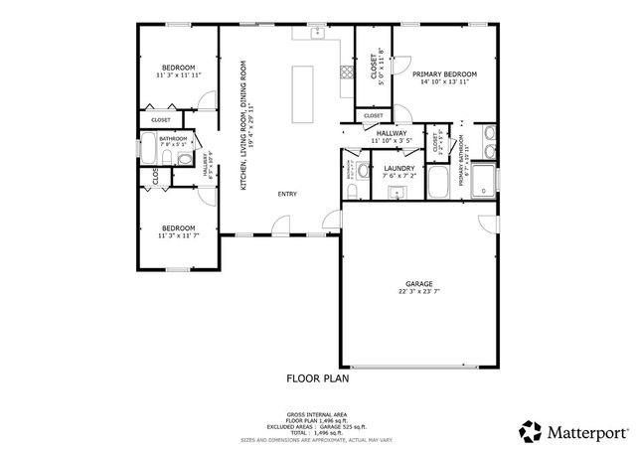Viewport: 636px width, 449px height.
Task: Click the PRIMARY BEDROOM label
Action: pos(444,75)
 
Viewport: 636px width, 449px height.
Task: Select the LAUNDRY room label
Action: pos(398,169)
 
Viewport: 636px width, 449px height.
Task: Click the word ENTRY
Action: pos(287,194)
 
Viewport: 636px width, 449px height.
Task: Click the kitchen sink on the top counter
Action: pos(317,35)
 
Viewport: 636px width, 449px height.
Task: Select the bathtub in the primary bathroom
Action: pos(439,183)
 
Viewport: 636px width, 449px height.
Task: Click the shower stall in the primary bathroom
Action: pos(483,181)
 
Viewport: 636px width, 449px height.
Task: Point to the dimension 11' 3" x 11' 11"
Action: pos(179,75)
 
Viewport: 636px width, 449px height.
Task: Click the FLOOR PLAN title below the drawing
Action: pos(317,377)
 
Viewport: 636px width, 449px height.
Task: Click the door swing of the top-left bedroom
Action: pos(207,99)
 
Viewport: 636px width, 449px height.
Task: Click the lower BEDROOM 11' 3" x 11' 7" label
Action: pos(179,229)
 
